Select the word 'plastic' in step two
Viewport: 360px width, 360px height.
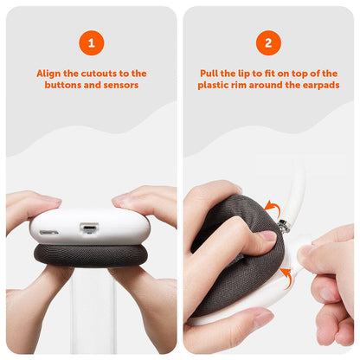(x=216, y=86)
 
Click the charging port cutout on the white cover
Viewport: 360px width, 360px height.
(x=87, y=229)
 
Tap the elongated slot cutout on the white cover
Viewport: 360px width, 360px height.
(x=48, y=232)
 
